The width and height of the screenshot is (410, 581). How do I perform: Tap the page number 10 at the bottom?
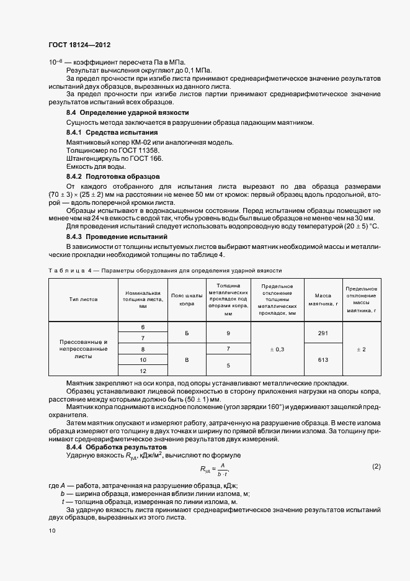coord(52,531)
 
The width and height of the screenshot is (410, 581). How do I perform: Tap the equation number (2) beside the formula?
coord(376,466)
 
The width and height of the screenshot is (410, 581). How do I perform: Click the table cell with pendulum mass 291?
coord(323,333)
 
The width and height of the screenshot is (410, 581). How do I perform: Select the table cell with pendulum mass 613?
coord(323,359)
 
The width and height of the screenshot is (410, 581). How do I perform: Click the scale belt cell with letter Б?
coord(187,333)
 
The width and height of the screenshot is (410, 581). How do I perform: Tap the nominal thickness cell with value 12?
coord(143,371)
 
